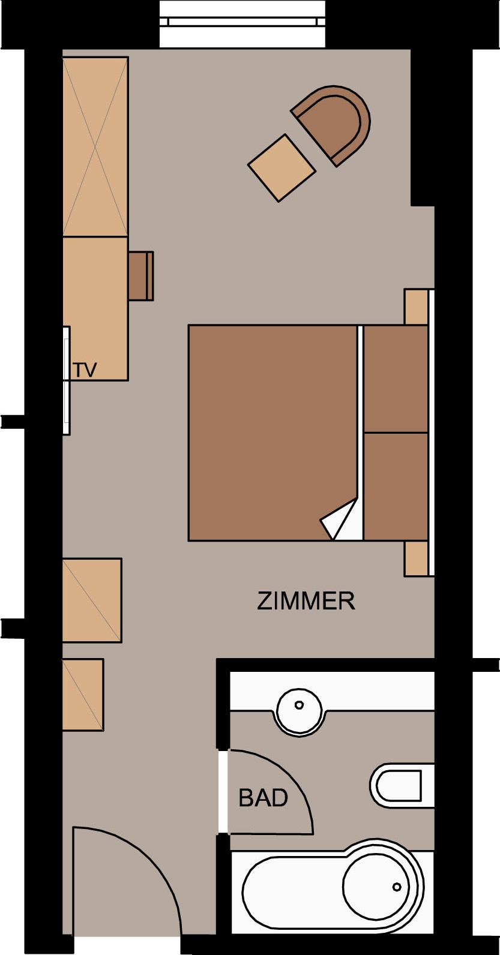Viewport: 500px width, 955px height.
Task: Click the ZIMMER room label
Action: [306, 600]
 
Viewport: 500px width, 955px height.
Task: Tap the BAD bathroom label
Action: [264, 798]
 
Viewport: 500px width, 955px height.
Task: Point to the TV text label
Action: [85, 370]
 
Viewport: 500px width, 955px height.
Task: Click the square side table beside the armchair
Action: [282, 168]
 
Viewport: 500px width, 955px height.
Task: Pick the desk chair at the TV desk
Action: [141, 276]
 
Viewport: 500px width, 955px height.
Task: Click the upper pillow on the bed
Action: [396, 379]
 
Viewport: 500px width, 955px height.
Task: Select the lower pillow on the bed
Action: [396, 486]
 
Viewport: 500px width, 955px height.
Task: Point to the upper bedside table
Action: [416, 307]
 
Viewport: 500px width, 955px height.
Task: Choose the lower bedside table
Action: [416, 558]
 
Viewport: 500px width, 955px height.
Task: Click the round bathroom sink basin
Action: [299, 711]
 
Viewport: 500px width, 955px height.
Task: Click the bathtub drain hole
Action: [397, 887]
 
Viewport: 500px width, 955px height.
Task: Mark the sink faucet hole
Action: [299, 705]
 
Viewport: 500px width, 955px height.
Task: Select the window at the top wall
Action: [242, 24]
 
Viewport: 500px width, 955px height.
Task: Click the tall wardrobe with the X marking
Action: [95, 146]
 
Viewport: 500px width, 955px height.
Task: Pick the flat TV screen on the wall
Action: [66, 380]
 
